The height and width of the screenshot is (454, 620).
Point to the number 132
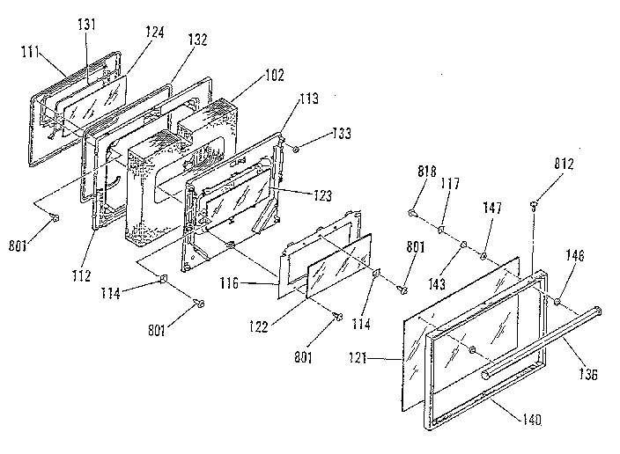tap(196, 41)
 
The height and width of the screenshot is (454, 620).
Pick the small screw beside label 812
tap(535, 206)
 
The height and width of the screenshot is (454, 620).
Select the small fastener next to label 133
tap(295, 150)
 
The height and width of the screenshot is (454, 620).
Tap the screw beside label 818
tap(412, 212)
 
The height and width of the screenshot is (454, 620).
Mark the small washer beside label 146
tap(557, 303)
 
